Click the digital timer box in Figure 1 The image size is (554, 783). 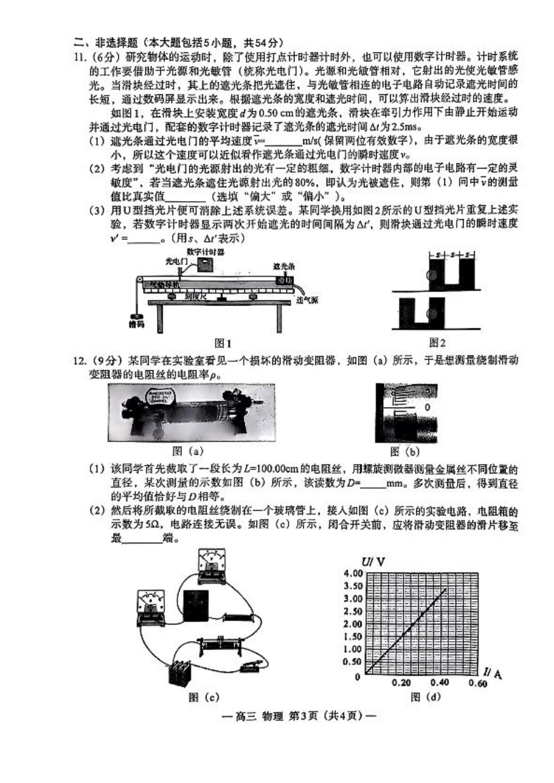point(204,264)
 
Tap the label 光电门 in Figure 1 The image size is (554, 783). point(176,262)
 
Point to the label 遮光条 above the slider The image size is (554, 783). point(284,266)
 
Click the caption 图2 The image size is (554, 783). point(437,343)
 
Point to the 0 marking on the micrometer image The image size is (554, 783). point(427,407)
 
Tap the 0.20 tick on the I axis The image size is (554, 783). point(401,683)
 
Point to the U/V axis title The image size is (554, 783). point(373,562)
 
